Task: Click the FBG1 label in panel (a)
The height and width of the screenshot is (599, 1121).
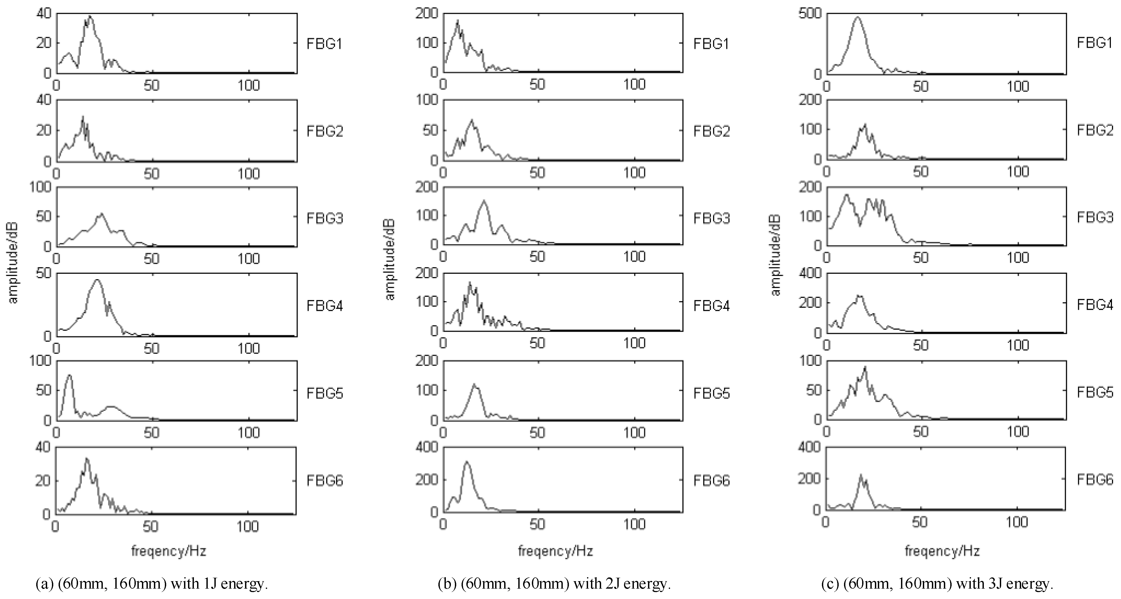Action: [324, 44]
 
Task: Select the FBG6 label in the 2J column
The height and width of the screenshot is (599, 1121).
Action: [711, 481]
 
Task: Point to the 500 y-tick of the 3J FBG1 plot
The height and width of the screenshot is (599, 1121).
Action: [810, 14]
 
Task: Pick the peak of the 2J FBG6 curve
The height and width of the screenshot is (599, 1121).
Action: [467, 462]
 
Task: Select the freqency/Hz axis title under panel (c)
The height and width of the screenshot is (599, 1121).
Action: [942, 551]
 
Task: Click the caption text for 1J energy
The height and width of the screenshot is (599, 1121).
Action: [152, 583]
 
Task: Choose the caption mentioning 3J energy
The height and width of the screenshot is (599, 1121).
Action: [937, 583]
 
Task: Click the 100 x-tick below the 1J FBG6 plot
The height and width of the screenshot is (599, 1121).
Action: [248, 527]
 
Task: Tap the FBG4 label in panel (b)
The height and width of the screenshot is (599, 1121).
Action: [711, 306]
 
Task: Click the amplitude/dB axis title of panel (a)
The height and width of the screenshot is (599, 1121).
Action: [13, 259]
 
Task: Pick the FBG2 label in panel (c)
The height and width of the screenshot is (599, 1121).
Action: [1094, 130]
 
